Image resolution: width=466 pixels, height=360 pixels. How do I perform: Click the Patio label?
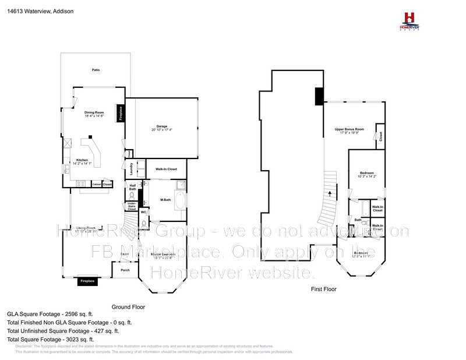tap(96, 70)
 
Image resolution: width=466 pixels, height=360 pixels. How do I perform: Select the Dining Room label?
tap(94, 112)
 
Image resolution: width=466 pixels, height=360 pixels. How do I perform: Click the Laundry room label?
tap(132, 168)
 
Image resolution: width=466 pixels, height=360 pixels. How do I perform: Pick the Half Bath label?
tap(132, 188)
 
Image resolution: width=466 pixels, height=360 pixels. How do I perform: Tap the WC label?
tap(143, 212)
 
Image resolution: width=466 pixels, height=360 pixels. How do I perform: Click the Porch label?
tap(125, 270)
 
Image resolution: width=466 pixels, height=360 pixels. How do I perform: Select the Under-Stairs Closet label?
tap(132, 206)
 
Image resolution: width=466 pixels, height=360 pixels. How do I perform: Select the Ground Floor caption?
tap(128, 306)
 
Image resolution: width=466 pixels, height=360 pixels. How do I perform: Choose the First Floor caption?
tap(324, 289)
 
